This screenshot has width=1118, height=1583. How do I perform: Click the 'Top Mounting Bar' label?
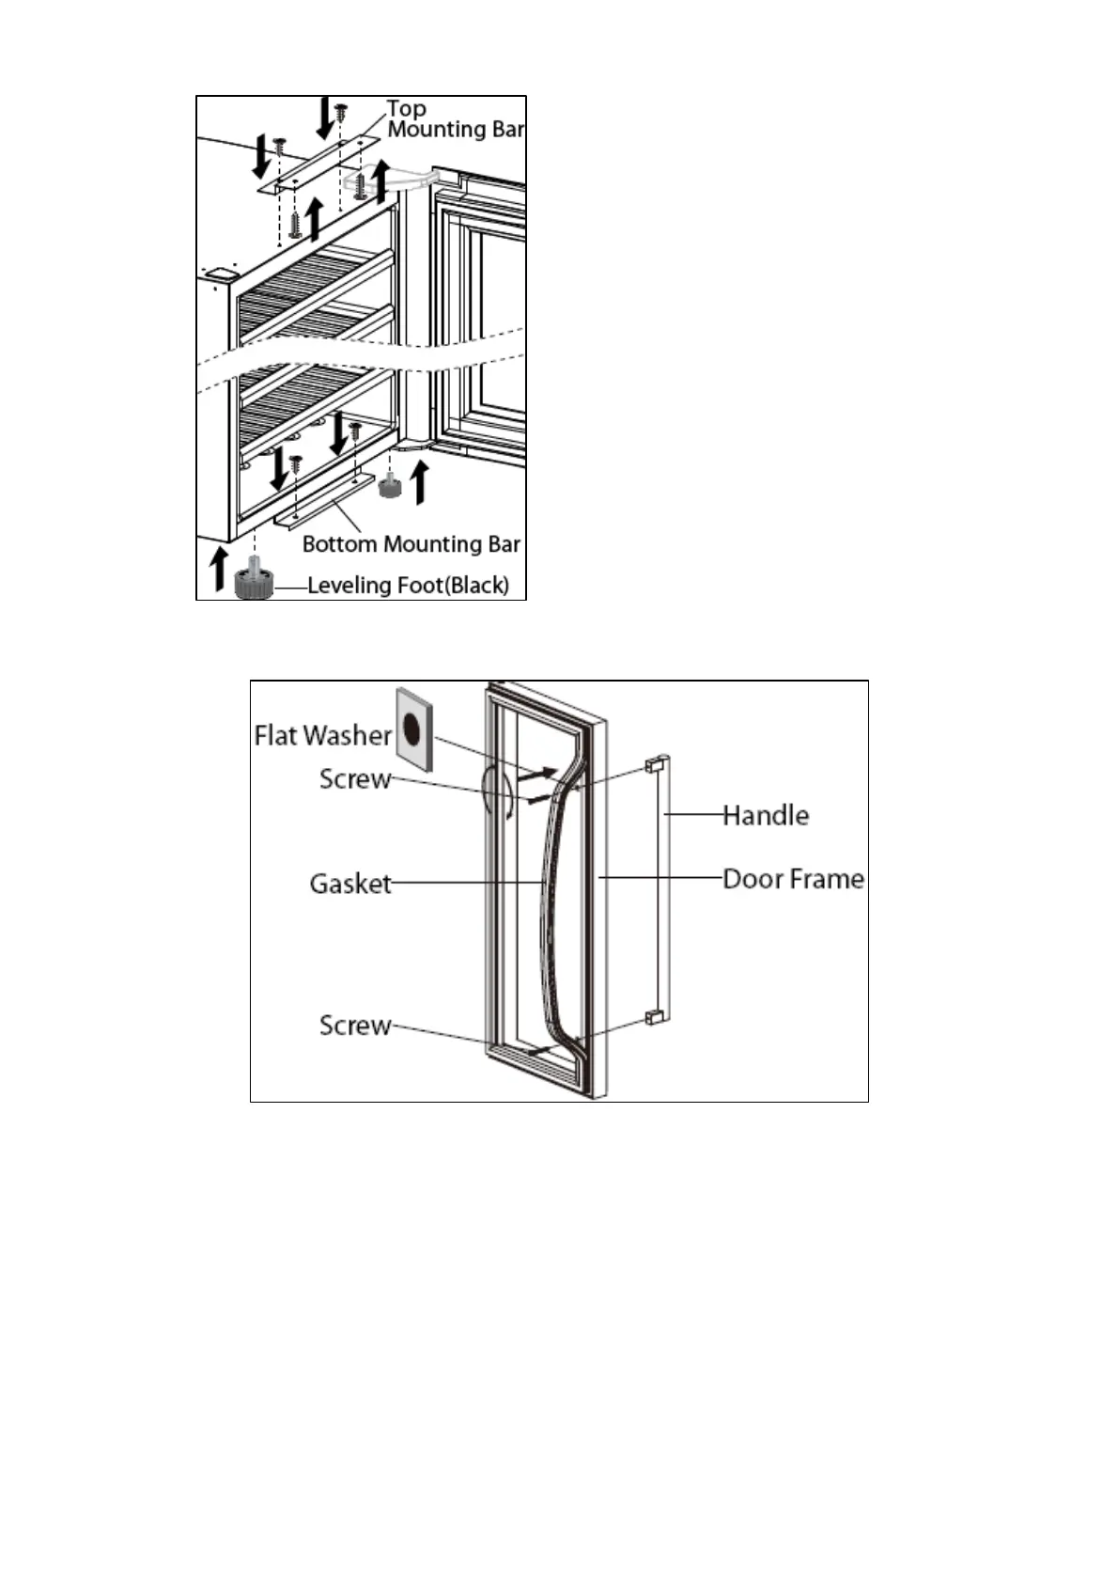455,119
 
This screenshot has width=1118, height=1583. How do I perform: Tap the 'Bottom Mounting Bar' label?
411,544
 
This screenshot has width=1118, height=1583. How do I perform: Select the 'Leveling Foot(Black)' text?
408,585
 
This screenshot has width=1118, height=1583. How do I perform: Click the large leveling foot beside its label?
253,582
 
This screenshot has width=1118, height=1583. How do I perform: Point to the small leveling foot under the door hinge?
388,485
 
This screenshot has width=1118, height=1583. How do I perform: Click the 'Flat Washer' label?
322,735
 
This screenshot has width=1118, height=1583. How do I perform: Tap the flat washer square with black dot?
413,727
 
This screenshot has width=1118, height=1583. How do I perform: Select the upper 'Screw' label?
354,779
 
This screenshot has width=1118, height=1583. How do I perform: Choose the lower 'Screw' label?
354,1026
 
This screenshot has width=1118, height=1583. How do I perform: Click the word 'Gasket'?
350,884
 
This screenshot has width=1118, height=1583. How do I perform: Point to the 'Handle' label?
766,815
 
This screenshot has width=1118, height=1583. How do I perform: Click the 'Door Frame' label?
793,879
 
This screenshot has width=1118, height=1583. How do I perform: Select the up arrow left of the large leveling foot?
219,567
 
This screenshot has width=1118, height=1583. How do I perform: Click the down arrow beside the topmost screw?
324,118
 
